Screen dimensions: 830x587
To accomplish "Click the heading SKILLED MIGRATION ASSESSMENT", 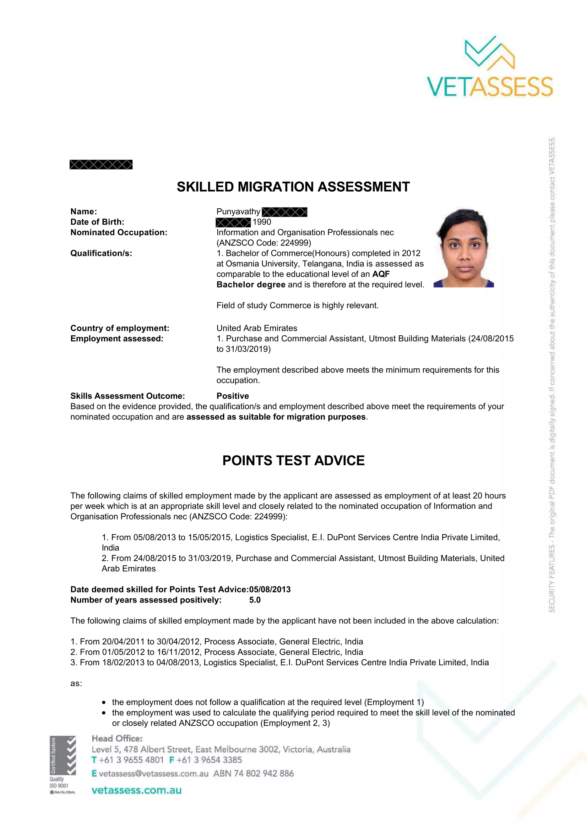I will [293, 187].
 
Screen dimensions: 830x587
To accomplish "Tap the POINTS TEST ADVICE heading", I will [293, 461].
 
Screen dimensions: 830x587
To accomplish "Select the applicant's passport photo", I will [464, 248].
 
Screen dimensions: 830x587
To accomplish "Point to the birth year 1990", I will [262, 222].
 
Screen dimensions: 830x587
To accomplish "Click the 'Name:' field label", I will [83, 211].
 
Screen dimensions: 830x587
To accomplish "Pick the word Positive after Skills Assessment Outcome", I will [233, 396].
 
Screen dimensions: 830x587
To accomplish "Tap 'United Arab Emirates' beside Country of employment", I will [257, 328].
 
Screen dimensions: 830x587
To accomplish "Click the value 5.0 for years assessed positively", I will [255, 600].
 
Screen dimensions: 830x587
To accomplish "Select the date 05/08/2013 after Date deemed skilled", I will [270, 590].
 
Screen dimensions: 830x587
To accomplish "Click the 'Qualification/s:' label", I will [101, 253].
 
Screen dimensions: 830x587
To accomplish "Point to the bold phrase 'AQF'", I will [381, 274].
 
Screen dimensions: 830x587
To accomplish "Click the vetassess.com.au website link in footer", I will [136, 790].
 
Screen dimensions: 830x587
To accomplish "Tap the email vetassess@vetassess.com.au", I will [153, 774].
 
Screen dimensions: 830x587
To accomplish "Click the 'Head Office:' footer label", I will [117, 738].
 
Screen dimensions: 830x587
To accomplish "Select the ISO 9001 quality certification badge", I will [63, 765].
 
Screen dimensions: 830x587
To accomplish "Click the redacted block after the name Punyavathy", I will [285, 212].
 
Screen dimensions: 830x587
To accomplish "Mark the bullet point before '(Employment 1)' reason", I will [104, 703].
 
